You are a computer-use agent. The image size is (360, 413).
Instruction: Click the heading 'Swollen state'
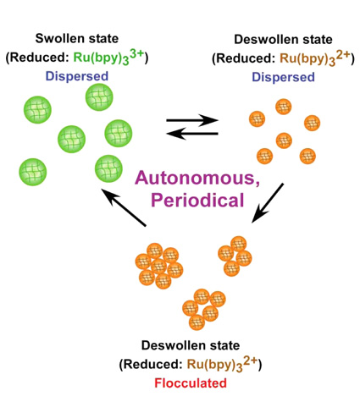(x=77, y=39)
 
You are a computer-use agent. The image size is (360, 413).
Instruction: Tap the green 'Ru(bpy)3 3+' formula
(x=109, y=58)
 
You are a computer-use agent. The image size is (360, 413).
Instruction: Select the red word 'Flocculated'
(x=191, y=383)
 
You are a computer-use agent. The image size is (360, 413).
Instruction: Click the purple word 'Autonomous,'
(x=197, y=179)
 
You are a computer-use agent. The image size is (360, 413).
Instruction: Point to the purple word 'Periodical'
(x=197, y=200)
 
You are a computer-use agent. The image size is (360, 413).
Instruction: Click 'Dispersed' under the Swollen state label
(x=77, y=76)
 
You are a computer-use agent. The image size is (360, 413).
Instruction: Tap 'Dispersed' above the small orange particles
(x=283, y=77)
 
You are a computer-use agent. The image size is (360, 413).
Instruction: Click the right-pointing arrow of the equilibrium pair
(x=192, y=120)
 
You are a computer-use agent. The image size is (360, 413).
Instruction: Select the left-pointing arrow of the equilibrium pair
(x=192, y=134)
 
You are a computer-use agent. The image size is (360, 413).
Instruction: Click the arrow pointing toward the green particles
(x=124, y=207)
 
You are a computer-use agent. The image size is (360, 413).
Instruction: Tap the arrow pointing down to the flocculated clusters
(x=268, y=203)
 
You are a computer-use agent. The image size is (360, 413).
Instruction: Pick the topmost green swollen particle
(x=99, y=97)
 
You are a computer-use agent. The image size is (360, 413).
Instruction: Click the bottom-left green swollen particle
(x=33, y=172)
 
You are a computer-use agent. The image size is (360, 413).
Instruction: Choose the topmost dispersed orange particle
(x=284, y=107)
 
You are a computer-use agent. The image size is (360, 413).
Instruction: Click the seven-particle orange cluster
(x=159, y=266)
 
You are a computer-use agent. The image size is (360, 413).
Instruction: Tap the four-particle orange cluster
(x=235, y=256)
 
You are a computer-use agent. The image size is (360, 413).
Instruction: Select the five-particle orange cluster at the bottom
(x=204, y=309)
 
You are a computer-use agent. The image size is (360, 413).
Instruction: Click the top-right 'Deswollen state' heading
(x=283, y=40)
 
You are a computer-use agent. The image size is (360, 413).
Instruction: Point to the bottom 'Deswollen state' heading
(x=191, y=345)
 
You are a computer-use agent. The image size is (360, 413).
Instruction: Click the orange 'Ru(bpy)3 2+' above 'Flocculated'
(x=223, y=365)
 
